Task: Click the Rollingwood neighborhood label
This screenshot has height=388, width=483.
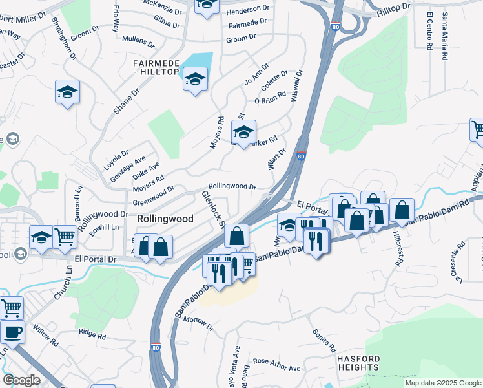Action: coord(165,219)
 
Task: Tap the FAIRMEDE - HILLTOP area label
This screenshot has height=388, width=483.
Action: coord(155,67)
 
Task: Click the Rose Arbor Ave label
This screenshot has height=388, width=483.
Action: coord(276,364)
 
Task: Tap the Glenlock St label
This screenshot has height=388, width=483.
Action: coord(212,209)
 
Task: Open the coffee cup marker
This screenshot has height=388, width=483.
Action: coord(12,332)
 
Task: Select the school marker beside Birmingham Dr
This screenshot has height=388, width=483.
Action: coord(67,92)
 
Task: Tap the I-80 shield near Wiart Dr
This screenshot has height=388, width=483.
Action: coord(301,156)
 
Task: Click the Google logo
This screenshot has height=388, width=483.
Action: coord(22,380)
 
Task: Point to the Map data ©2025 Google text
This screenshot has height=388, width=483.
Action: coord(443,383)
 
